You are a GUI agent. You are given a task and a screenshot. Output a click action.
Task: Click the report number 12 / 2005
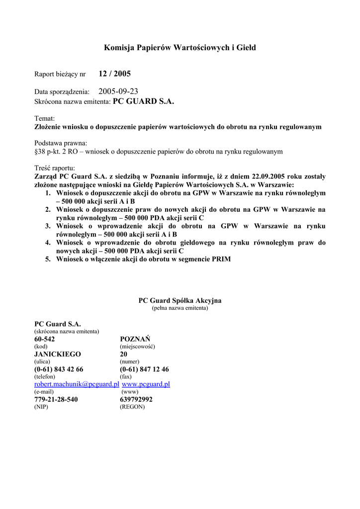(114, 74)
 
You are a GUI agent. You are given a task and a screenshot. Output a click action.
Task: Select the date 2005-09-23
(118, 91)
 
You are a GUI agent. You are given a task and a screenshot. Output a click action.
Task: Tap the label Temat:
(44, 119)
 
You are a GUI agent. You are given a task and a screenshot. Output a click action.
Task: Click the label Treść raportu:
(55, 168)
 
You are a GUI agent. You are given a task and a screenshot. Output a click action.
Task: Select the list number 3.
(48, 226)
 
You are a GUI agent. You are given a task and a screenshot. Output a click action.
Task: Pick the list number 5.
(48, 259)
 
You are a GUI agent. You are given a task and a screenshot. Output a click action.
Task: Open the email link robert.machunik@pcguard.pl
(77, 384)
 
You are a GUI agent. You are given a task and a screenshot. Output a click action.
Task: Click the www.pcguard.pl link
(146, 384)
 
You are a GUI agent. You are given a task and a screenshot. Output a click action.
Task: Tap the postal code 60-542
(45, 339)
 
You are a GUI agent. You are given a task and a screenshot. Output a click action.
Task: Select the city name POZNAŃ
(135, 339)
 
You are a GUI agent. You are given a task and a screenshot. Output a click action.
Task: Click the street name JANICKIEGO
(57, 354)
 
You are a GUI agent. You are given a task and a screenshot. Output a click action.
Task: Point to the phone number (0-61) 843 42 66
(59, 369)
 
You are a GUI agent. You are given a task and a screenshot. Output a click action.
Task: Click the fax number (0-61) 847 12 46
(144, 369)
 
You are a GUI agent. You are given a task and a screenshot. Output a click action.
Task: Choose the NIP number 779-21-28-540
(56, 399)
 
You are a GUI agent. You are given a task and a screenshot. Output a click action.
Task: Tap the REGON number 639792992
(136, 399)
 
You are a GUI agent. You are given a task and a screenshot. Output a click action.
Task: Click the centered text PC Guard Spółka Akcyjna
(180, 301)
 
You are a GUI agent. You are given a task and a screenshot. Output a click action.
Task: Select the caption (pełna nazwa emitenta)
(180, 308)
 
